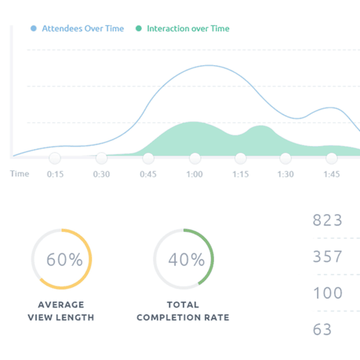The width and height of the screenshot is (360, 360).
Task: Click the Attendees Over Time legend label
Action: click(82, 28)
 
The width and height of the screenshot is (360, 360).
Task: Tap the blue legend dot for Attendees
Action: click(34, 28)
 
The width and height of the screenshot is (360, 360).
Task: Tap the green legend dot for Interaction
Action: click(139, 28)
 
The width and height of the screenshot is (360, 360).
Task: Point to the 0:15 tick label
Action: click(55, 174)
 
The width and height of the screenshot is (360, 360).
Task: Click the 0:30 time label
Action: click(101, 174)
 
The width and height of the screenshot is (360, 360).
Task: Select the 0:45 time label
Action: click(147, 174)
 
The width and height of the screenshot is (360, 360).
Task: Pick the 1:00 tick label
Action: click(195, 174)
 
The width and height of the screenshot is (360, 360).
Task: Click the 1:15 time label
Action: click(240, 174)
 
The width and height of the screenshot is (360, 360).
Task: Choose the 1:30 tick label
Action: click(285, 174)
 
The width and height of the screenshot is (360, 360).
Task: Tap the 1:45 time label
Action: click(332, 174)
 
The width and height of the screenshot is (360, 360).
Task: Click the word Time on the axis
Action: click(20, 174)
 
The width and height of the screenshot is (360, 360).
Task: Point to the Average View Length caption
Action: click(61, 311)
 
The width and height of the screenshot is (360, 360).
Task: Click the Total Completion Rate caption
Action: click(183, 311)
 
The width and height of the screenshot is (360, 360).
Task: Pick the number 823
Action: click(327, 220)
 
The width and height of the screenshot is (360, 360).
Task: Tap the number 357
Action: click(327, 256)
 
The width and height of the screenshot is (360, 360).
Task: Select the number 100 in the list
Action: click(327, 293)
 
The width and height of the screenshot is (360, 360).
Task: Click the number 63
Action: click(322, 329)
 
